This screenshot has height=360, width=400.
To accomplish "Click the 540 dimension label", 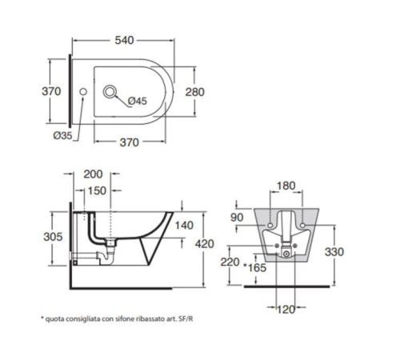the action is (124, 40).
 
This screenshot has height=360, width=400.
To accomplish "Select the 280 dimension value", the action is (195, 92).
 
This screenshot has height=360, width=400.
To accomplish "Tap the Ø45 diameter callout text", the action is (138, 101).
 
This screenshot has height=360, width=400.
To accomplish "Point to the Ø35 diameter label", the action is (62, 136).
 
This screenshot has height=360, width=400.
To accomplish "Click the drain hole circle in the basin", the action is (110, 92).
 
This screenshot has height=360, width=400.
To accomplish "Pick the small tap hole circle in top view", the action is (83, 92).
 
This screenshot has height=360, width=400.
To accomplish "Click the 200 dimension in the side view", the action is (93, 174).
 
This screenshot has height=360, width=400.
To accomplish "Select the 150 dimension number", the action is (97, 190).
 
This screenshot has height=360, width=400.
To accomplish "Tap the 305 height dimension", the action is (53, 237).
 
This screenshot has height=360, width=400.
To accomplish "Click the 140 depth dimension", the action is (184, 226).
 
